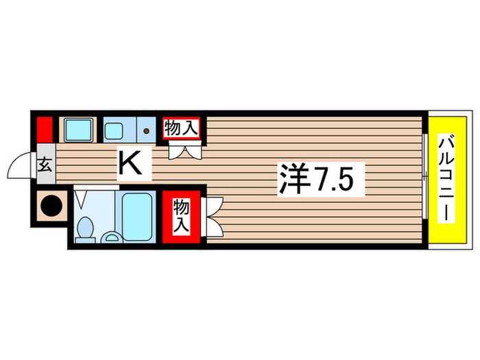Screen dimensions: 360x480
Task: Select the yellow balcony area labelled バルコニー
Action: pos(446,179)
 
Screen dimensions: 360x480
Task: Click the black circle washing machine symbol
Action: pos(49,204)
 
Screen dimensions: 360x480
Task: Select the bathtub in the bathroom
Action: pos(140,217)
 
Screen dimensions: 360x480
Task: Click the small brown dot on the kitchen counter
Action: pos(147,128)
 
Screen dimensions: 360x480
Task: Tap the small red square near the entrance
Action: pos(45,129)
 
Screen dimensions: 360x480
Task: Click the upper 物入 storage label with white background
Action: pos(182,128)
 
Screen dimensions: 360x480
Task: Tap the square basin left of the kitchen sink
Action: pos(79,128)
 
